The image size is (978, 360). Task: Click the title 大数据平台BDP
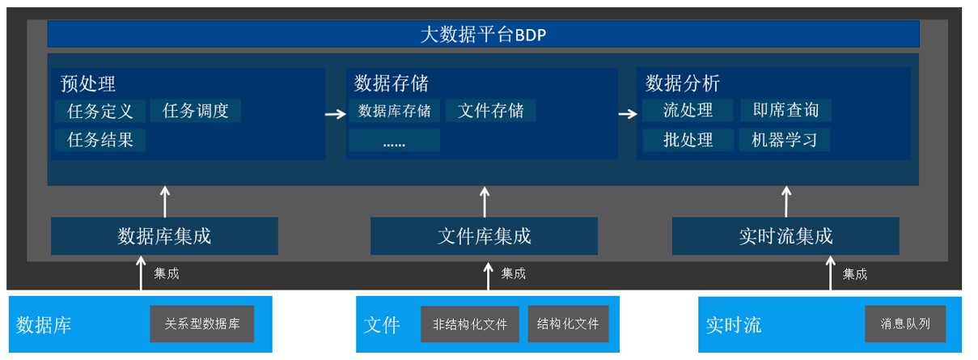point(483,34)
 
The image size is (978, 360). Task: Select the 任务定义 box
point(100,111)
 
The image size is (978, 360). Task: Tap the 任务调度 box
point(195,111)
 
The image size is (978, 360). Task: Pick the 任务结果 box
point(100,140)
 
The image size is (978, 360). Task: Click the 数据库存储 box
point(394,111)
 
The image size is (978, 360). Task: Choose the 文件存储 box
point(491,111)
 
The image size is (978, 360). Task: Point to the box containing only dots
point(394,140)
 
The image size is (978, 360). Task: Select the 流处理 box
point(688,110)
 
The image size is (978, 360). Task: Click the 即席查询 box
point(786,110)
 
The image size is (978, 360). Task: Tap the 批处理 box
point(688,140)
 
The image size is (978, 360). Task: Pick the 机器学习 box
point(784,140)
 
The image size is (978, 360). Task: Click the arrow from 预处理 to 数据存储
point(336,114)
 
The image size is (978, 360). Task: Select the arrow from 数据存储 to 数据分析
point(628,114)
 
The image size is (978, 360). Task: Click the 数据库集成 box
point(164,236)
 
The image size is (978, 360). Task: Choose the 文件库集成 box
point(485,236)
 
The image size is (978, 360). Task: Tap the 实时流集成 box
point(785,236)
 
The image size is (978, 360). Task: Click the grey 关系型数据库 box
point(202,324)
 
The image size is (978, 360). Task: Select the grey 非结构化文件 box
point(470,324)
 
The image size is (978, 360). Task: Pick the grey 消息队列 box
point(905,324)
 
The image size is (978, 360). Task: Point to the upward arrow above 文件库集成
point(485,202)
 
